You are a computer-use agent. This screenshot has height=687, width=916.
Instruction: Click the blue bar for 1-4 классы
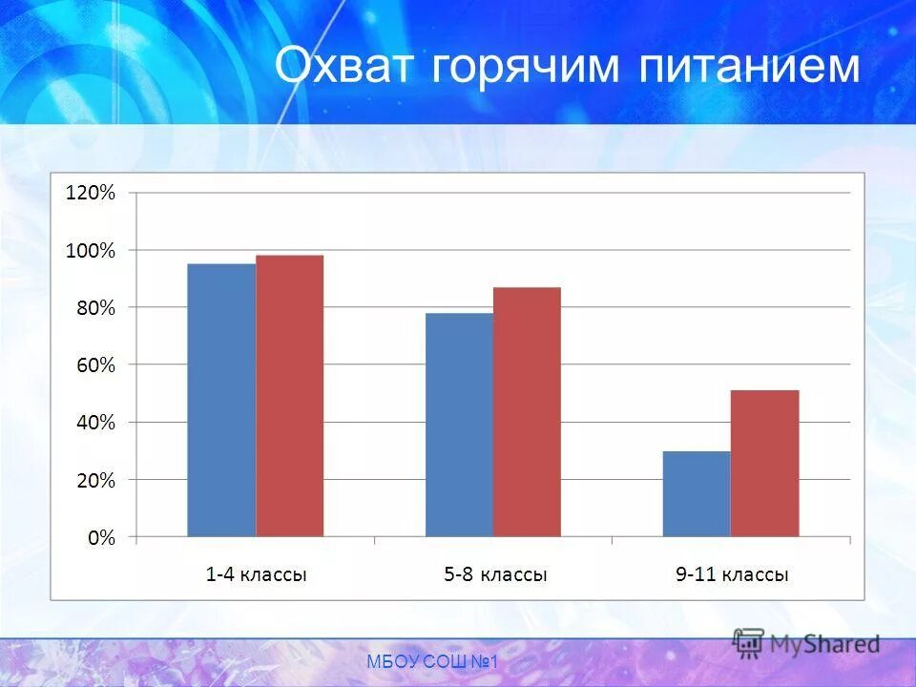click(221, 400)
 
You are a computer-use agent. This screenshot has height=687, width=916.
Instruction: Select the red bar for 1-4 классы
click(289, 396)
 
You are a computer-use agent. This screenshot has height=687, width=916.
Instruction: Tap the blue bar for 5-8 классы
click(459, 425)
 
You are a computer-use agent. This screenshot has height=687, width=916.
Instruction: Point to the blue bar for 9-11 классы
click(697, 493)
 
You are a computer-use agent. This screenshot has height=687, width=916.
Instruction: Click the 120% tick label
click(90, 193)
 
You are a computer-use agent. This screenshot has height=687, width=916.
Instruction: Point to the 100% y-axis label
click(90, 251)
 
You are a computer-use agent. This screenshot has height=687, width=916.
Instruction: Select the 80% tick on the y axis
click(94, 307)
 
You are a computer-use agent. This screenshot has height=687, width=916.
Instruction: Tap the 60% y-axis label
click(94, 364)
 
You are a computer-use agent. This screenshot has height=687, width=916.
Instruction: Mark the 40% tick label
click(94, 422)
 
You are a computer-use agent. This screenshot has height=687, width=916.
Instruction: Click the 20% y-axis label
click(94, 480)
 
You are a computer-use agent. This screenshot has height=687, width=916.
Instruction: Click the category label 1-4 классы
click(256, 575)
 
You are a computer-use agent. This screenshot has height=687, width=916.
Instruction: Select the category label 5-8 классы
click(494, 575)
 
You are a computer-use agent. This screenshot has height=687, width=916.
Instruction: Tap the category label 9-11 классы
click(732, 575)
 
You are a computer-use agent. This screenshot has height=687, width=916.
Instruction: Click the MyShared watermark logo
click(806, 644)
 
